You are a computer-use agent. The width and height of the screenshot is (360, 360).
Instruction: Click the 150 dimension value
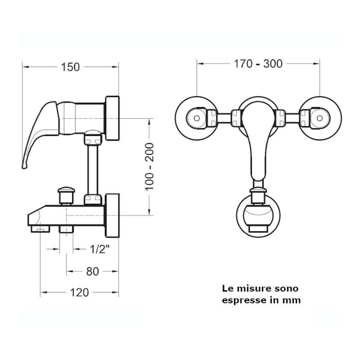click(x=70, y=67)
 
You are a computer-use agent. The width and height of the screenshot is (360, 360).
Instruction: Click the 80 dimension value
click(x=92, y=271)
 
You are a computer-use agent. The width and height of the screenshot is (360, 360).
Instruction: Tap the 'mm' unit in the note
click(x=293, y=300)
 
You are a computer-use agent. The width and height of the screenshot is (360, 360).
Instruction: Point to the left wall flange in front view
click(x=196, y=116)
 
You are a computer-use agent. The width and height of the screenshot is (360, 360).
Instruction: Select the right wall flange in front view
click(x=319, y=116)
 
